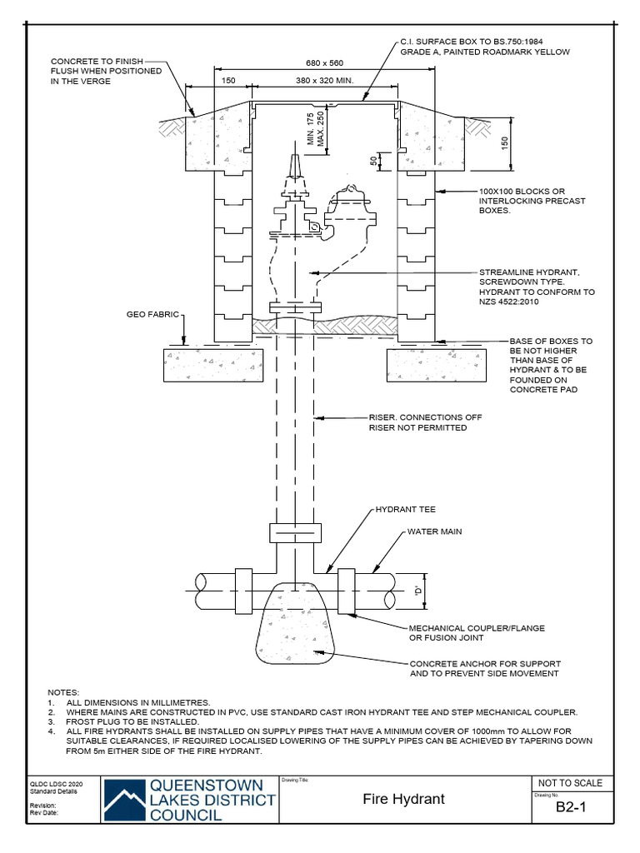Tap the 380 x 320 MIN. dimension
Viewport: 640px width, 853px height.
tap(325, 82)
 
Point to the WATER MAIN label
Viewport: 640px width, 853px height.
tap(433, 531)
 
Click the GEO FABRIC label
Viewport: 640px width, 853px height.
tap(147, 316)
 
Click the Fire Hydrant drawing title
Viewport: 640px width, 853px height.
tap(403, 799)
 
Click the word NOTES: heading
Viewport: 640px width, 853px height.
tap(63, 692)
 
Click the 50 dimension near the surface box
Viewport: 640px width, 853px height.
tap(374, 160)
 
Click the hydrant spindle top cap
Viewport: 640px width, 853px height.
tap(294, 161)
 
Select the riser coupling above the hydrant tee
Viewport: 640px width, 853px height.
tap(294, 532)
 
